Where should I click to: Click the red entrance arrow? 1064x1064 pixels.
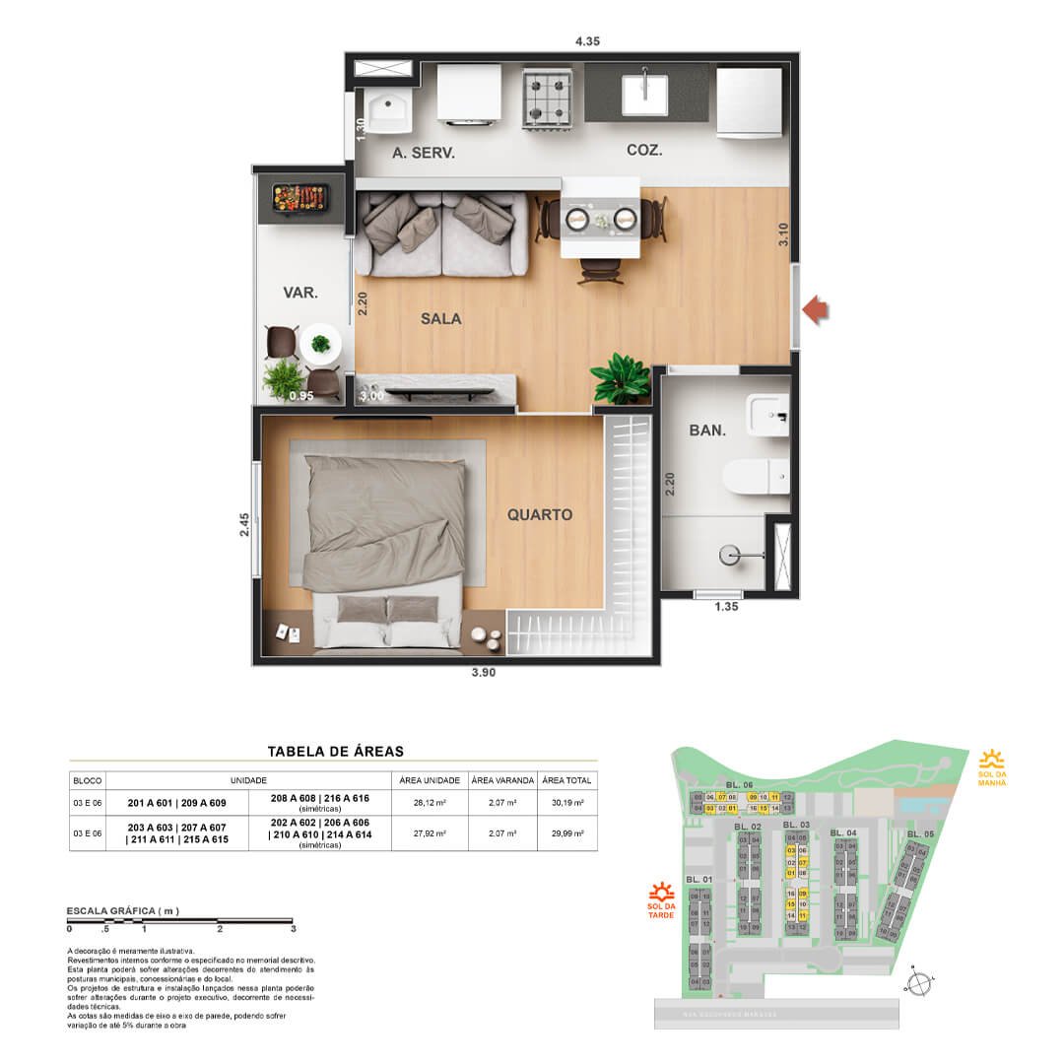(815, 310)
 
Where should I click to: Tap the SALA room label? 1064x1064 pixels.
(440, 318)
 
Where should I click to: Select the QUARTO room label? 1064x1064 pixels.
(539, 514)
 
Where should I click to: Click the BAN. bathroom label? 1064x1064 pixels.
(707, 431)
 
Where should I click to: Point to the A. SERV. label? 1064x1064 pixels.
(423, 153)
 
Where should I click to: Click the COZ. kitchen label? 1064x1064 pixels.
(644, 151)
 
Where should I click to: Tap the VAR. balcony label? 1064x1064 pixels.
(299, 292)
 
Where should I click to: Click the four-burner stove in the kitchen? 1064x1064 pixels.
(549, 99)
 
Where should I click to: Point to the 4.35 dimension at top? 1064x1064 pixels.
(588, 41)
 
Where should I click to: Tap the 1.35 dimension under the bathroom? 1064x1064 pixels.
(727, 607)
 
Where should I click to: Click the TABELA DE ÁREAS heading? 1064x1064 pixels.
(335, 751)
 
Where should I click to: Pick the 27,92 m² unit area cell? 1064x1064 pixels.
(430, 832)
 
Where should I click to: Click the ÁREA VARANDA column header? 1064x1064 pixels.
(502, 780)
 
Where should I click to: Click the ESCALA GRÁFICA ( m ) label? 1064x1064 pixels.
(122, 911)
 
